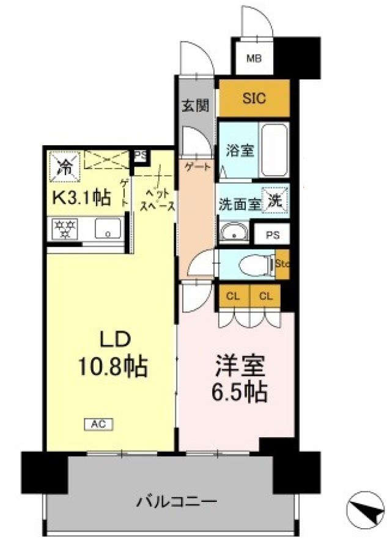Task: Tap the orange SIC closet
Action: [x=254, y=99]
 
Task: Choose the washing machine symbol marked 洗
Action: [x=275, y=200]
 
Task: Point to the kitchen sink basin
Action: [x=108, y=231]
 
